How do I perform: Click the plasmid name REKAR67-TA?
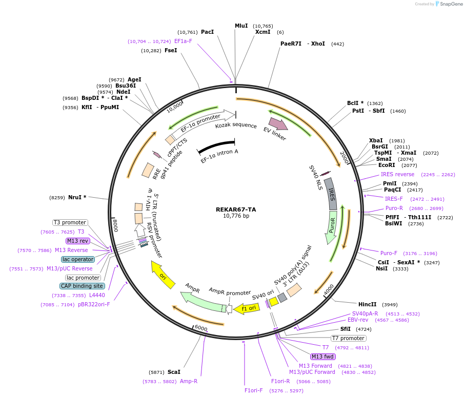click(x=235, y=209)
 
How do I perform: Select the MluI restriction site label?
click(x=241, y=26)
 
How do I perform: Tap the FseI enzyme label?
click(x=171, y=50)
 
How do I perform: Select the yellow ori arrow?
click(x=163, y=274)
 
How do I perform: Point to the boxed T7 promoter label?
click(x=349, y=338)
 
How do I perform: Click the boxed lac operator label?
click(x=78, y=259)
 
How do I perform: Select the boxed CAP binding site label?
click(x=82, y=286)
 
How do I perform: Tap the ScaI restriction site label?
click(x=174, y=372)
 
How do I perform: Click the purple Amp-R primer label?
click(x=188, y=381)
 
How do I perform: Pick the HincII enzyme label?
click(x=367, y=304)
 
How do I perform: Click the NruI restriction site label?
click(x=77, y=197)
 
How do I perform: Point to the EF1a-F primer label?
click(x=183, y=41)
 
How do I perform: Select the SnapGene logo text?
click(x=450, y=4)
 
